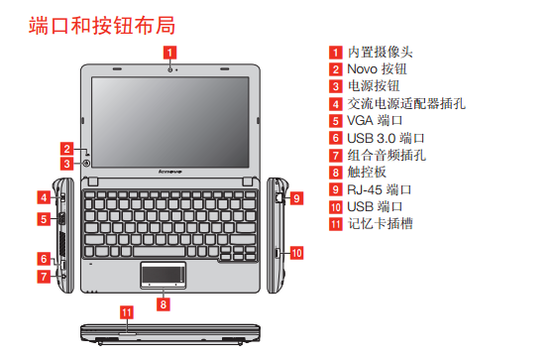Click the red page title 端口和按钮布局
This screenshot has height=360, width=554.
click(x=102, y=26)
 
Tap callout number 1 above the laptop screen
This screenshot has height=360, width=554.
click(x=169, y=53)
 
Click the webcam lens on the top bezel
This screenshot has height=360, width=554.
click(x=170, y=69)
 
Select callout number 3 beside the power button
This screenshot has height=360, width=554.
click(x=66, y=164)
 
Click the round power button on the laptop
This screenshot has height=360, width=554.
click(x=86, y=163)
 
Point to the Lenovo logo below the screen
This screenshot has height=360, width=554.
click(x=170, y=172)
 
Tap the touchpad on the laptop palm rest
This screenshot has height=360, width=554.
click(x=163, y=275)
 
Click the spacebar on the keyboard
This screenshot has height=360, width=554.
click(x=160, y=252)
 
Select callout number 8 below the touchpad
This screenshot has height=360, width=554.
click(x=164, y=304)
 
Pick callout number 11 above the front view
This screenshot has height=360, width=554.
click(x=127, y=312)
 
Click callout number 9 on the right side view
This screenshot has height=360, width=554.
click(x=296, y=198)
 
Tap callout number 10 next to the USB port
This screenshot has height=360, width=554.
click(x=296, y=253)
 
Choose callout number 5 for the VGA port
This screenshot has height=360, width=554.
click(x=44, y=219)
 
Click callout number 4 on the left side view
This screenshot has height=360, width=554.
click(x=44, y=197)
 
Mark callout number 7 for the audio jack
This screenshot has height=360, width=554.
click(x=44, y=276)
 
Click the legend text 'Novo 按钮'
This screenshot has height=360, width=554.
click(x=377, y=69)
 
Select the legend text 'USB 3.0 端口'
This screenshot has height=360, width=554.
click(x=386, y=138)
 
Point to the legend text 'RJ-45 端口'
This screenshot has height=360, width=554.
click(x=380, y=189)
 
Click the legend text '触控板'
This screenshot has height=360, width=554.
click(x=367, y=173)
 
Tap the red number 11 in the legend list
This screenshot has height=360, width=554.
click(x=336, y=224)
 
